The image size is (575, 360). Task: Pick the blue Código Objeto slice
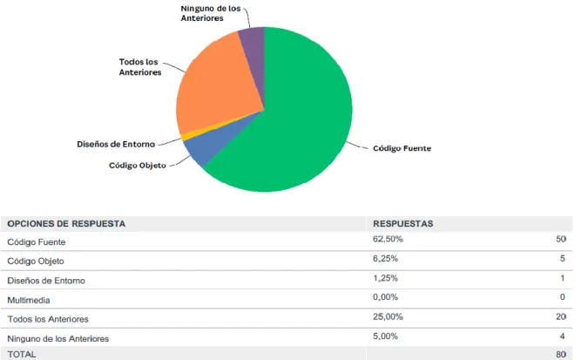209,143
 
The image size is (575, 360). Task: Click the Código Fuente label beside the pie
402,148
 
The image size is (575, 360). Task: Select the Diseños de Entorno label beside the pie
116,144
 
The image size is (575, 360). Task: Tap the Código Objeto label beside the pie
138,166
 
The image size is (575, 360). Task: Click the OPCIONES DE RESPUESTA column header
66,223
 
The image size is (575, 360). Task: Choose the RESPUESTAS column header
403,223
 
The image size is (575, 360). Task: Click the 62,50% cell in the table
388,239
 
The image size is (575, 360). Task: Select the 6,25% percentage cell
385,259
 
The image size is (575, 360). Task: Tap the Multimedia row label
29,300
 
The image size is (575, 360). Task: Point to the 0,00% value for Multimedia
385,297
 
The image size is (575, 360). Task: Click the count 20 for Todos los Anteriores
561,316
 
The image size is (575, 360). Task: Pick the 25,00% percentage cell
388,316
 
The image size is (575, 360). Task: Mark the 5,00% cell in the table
385,336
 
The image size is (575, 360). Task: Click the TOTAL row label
22,355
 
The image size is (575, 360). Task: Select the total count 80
561,355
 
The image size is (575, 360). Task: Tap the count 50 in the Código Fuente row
561,239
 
